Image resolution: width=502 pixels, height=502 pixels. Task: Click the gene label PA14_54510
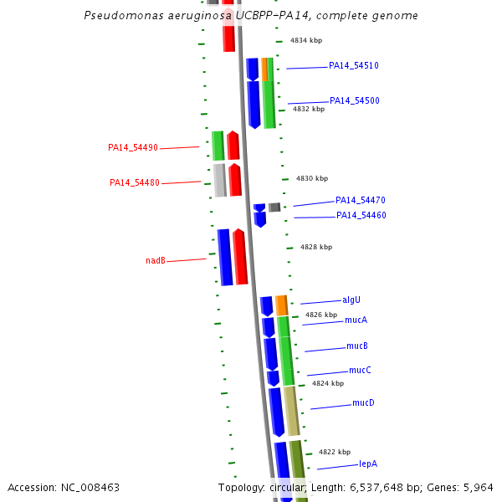click(354, 65)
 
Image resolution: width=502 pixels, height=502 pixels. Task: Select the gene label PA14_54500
click(354, 100)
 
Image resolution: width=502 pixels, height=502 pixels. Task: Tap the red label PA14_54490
click(133, 147)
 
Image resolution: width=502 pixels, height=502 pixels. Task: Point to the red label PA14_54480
click(135, 182)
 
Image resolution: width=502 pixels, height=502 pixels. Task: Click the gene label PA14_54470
click(361, 200)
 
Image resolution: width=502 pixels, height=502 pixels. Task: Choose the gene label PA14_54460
click(361, 215)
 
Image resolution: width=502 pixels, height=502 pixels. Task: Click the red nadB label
click(156, 260)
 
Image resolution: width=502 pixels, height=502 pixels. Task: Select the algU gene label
click(351, 300)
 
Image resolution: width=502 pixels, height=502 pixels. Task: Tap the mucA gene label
click(356, 320)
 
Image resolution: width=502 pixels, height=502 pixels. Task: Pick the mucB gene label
click(357, 346)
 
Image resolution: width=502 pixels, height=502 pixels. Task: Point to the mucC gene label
click(360, 370)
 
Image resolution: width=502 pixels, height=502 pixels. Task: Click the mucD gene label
click(363, 402)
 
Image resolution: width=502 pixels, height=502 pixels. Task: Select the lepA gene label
click(369, 463)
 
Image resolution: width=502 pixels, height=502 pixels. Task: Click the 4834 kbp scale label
click(306, 40)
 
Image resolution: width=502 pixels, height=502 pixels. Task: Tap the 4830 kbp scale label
click(312, 178)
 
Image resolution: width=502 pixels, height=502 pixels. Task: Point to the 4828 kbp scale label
click(316, 247)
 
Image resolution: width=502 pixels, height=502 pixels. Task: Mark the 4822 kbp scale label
click(335, 452)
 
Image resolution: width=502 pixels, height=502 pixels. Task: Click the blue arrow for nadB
click(224, 257)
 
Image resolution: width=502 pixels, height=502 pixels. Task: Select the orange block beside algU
click(282, 305)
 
